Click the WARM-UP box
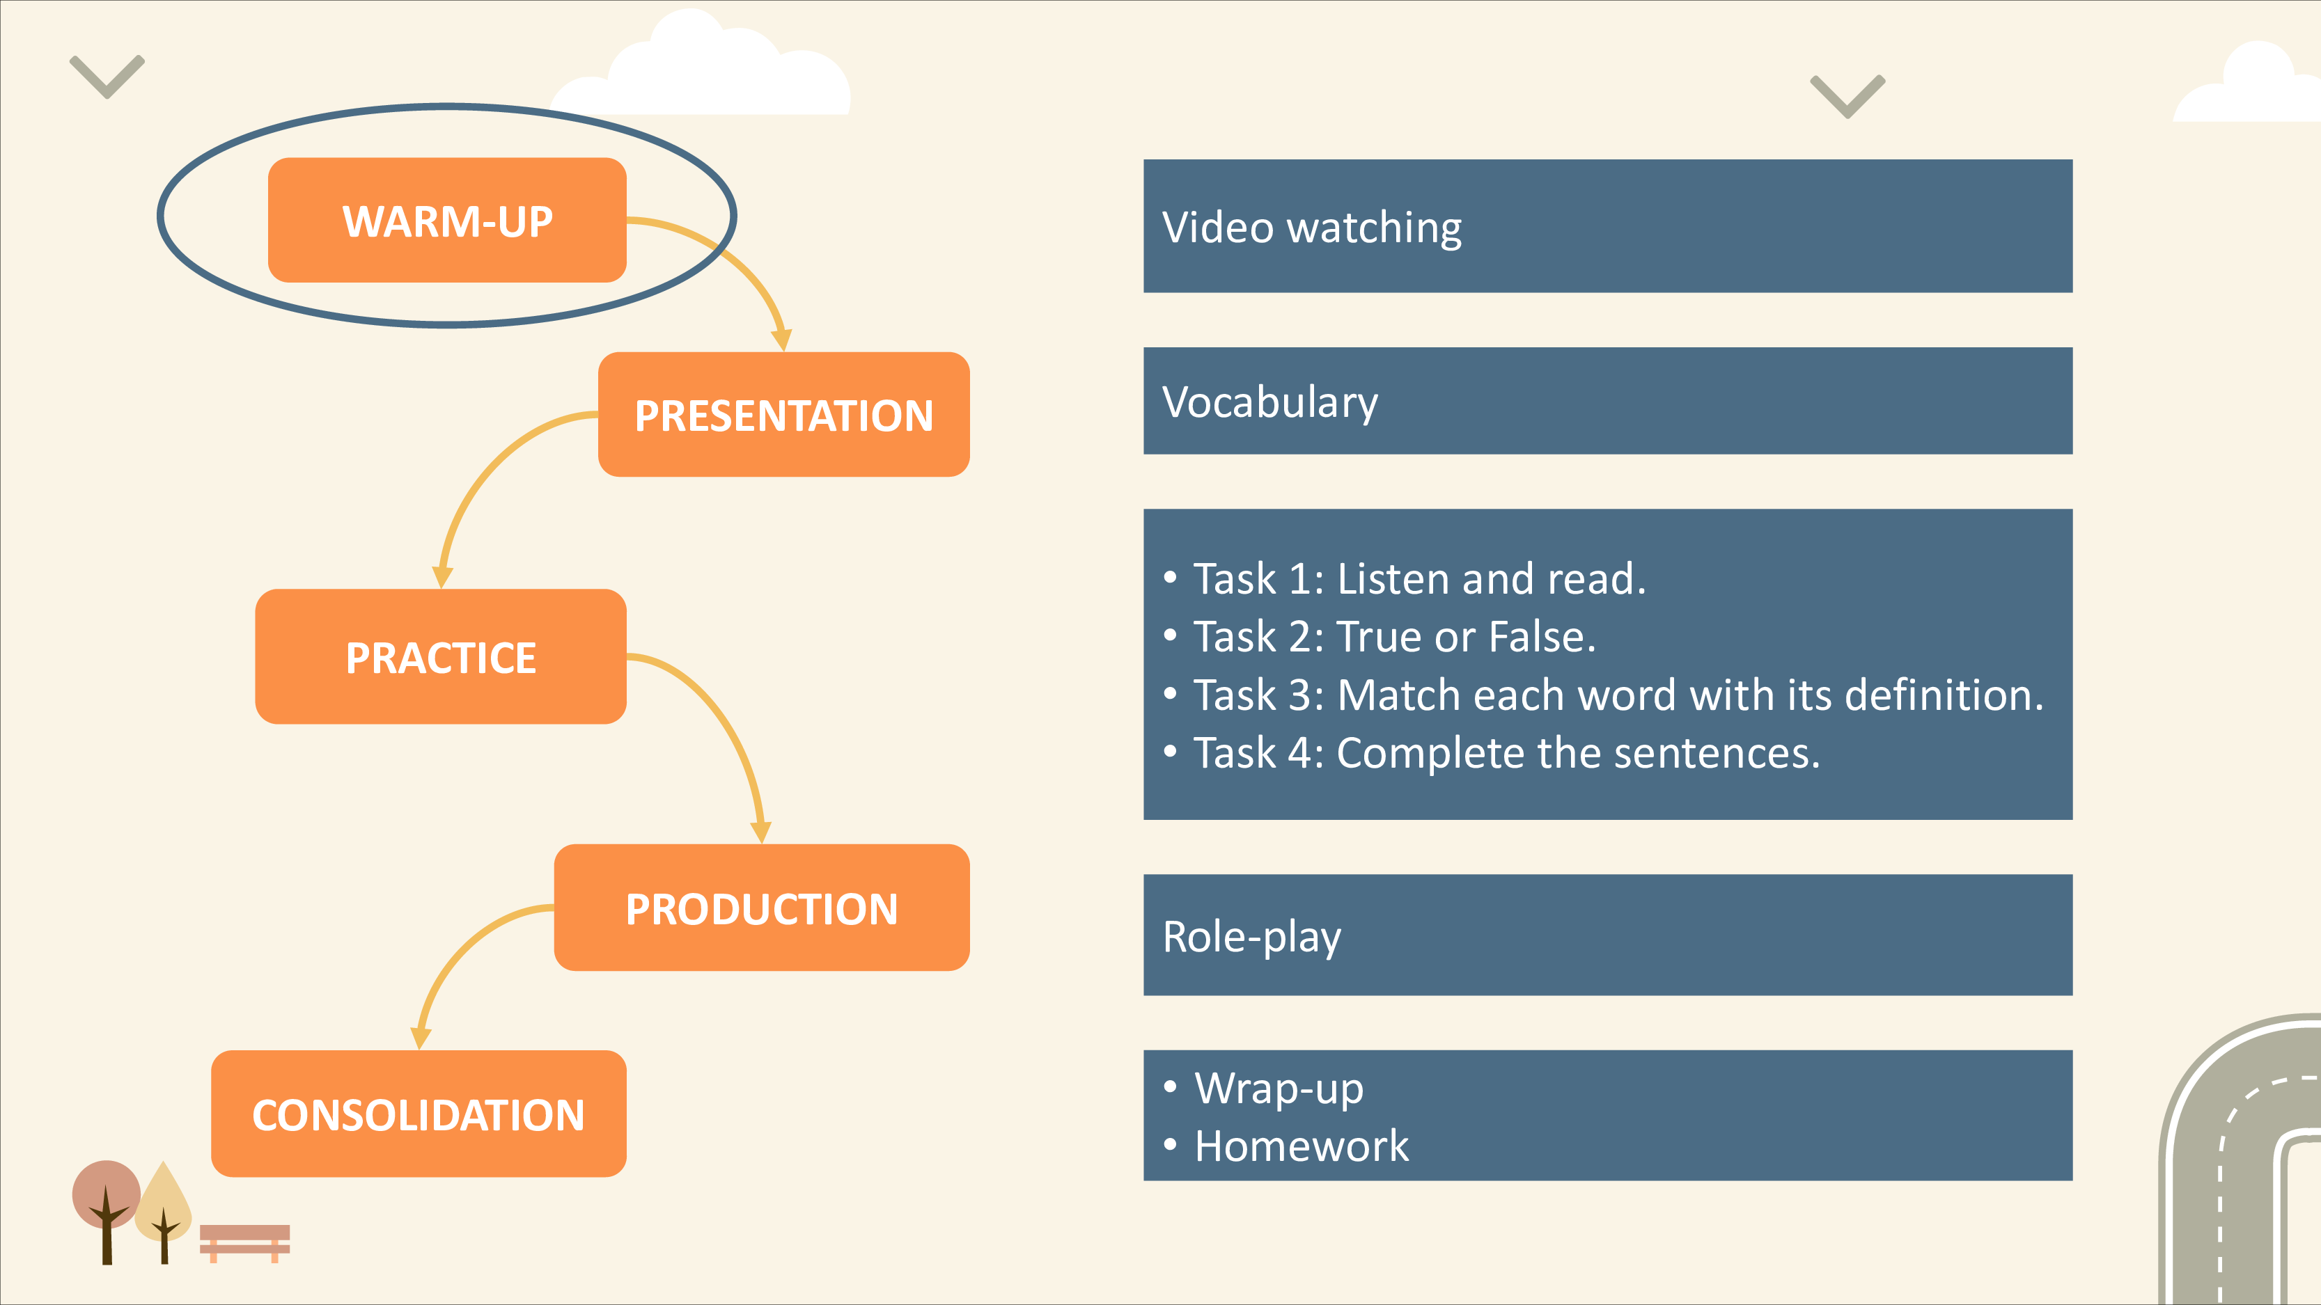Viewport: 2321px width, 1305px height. pos(447,220)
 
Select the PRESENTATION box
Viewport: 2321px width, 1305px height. pos(784,414)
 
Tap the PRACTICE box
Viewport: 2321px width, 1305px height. pos(441,656)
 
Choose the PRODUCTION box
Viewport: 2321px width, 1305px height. pos(761,907)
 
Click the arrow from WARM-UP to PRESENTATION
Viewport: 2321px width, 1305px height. pos(735,257)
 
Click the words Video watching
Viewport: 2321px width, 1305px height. pos(1312,227)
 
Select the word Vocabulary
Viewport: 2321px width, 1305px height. pos(1269,402)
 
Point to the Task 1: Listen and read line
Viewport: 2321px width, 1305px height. pos(1419,578)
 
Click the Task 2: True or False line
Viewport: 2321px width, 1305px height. pos(1395,636)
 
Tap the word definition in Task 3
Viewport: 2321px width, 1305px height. pos(1944,695)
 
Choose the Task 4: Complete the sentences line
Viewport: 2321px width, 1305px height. pos(1506,753)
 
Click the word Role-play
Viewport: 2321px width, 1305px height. pos(1251,937)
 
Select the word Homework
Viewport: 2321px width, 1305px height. pos(1301,1146)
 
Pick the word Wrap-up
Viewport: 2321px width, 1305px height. pos(1279,1088)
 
